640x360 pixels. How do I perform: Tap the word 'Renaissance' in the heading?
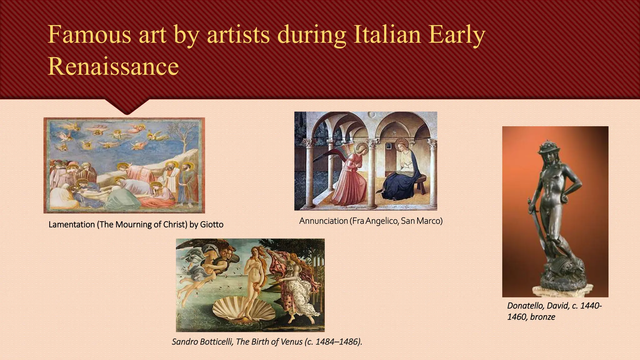pos(113,66)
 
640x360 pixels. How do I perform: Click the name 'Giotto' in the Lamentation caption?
pos(212,225)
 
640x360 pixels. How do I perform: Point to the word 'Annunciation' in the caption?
pos(323,221)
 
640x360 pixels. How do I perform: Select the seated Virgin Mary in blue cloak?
pos(402,170)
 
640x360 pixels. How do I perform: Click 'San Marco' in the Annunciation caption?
pos(421,221)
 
